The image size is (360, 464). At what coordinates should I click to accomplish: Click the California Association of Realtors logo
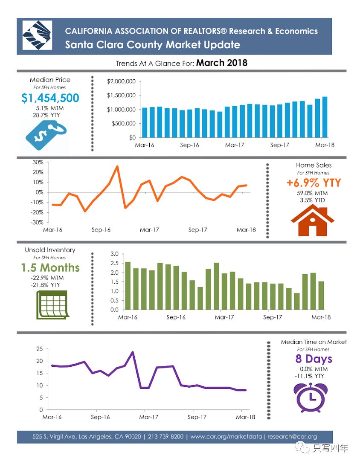(37, 35)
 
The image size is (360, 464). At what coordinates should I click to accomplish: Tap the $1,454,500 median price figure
(50, 98)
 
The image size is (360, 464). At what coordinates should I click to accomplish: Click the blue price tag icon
(45, 133)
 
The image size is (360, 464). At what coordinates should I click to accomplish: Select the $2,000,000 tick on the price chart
(121, 81)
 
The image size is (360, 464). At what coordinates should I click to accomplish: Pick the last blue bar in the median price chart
(325, 117)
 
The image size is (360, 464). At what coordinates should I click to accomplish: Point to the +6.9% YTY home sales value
(314, 183)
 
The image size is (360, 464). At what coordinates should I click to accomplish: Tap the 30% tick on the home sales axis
(38, 162)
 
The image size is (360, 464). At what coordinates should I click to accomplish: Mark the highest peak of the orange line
(117, 166)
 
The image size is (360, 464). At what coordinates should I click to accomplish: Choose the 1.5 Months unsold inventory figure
(50, 268)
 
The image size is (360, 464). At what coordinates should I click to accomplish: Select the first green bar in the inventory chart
(128, 285)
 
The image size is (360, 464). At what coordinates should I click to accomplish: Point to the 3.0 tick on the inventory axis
(114, 254)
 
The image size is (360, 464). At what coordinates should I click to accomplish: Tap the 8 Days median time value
(314, 359)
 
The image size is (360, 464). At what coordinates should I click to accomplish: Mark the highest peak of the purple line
(133, 352)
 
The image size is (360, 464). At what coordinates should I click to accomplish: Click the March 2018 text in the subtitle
(222, 63)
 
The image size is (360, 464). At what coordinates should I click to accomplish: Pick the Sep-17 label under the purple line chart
(197, 417)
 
